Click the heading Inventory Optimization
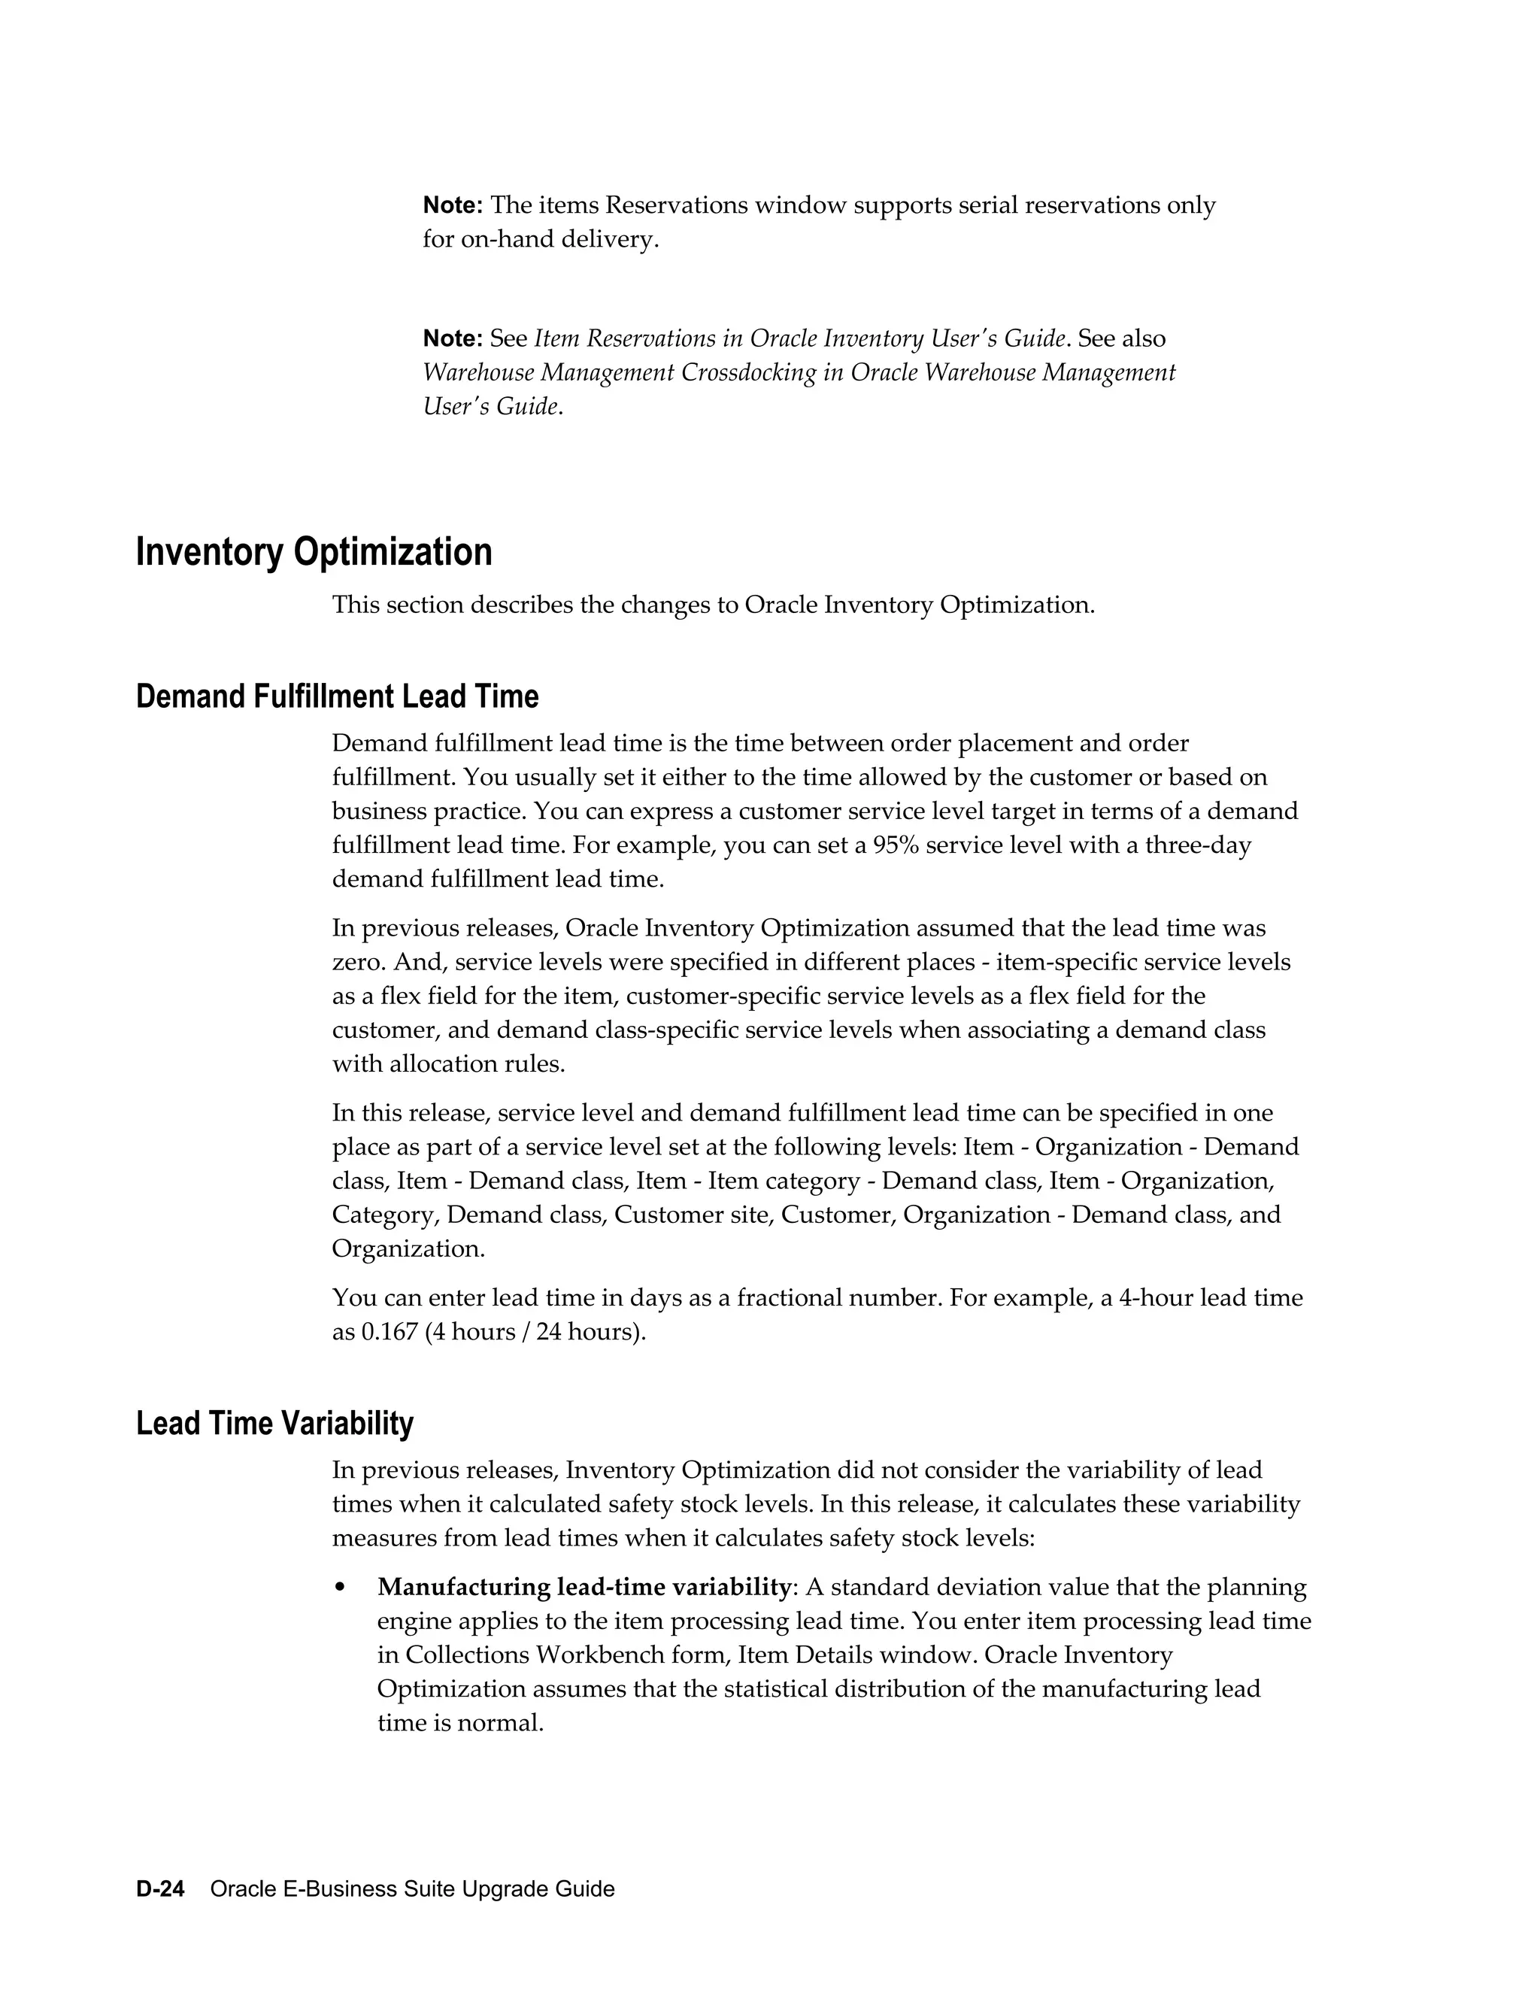pyautogui.click(x=314, y=553)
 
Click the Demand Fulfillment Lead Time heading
pyautogui.click(x=337, y=696)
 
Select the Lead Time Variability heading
pyautogui.click(x=274, y=1424)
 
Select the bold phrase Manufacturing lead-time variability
pyautogui.click(x=584, y=1587)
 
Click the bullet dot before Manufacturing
pyautogui.click(x=341, y=1588)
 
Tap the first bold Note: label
pyautogui.click(x=453, y=205)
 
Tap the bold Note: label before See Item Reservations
pyautogui.click(x=453, y=338)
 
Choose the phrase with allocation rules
pyautogui.click(x=448, y=1064)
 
